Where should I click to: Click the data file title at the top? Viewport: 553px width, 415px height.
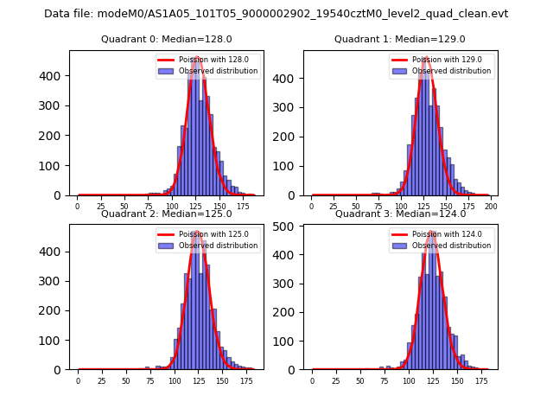coord(276,14)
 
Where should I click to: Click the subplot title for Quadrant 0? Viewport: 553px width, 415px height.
coord(167,39)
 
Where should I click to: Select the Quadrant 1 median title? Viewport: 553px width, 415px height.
coord(400,39)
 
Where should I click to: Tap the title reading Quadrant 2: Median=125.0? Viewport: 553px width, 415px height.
coord(167,214)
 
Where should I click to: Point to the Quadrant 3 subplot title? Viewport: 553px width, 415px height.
coord(400,214)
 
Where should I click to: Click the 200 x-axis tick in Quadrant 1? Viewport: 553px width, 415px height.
coord(491,207)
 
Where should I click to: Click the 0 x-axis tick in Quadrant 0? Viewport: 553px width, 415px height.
coord(78,207)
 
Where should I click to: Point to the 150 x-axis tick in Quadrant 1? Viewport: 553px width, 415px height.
coord(446,207)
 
